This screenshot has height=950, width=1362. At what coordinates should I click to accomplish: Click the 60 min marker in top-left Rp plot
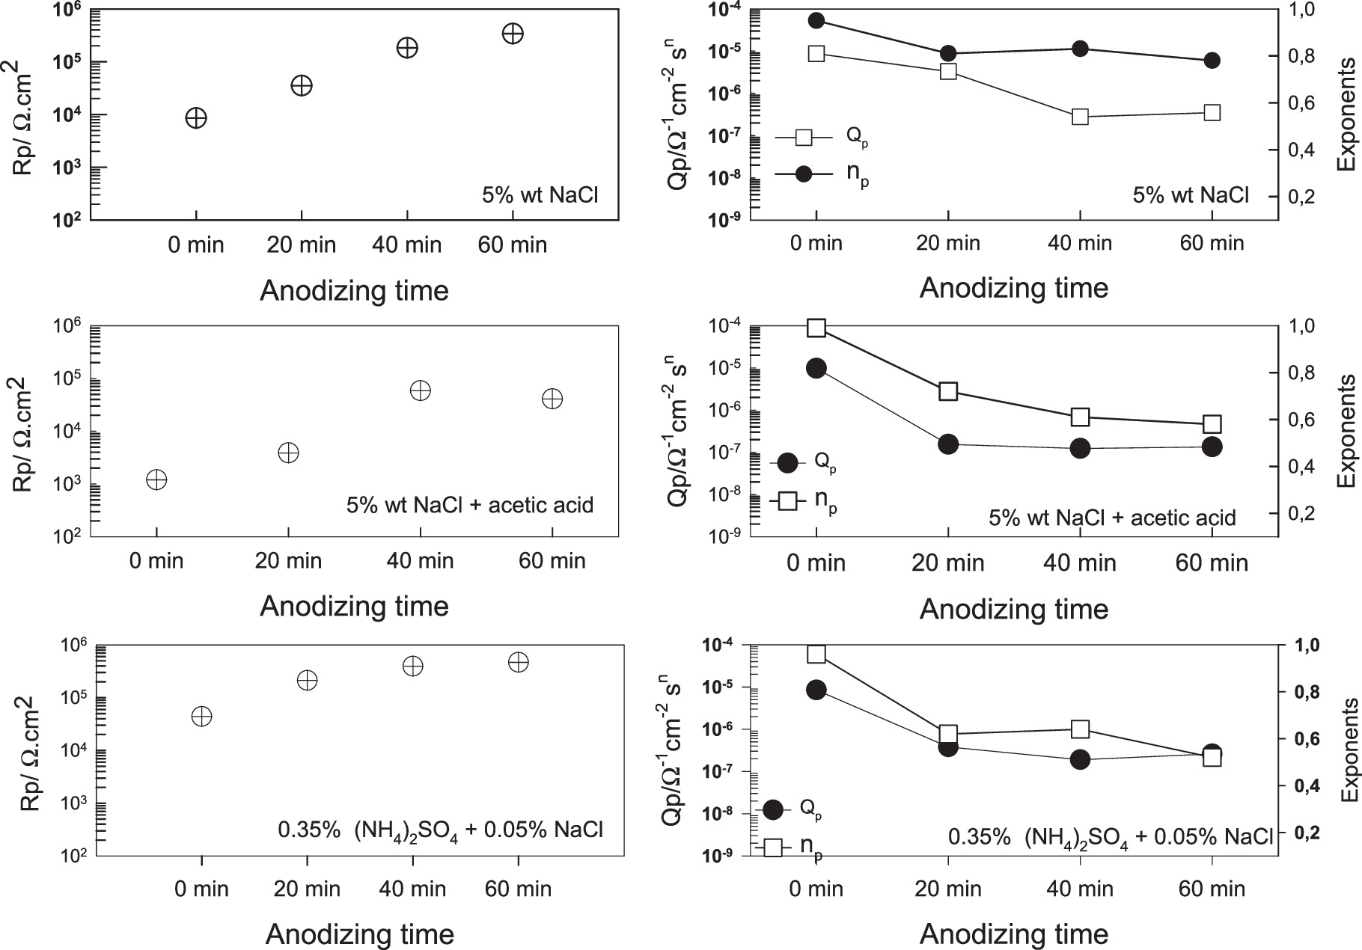513,34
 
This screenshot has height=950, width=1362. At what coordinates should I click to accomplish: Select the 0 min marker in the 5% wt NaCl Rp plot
196,118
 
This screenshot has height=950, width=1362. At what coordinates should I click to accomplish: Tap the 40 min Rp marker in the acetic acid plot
421,390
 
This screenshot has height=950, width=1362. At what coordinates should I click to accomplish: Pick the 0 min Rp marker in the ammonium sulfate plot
201,716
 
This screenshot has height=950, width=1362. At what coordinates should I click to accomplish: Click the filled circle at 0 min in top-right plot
816,20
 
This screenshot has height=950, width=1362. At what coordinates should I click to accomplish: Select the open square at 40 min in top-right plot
1080,117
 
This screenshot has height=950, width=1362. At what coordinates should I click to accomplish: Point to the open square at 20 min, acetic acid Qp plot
948,391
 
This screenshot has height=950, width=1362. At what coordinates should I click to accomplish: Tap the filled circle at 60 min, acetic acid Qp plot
1212,447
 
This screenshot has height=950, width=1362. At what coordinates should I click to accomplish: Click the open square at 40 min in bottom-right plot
1080,729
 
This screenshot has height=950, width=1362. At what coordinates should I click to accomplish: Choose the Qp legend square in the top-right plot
804,138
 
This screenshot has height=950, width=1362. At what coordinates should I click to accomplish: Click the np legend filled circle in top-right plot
804,174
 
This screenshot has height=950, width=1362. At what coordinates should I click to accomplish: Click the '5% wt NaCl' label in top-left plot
540,196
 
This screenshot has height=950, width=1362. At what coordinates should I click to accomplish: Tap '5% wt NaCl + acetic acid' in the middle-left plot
469,505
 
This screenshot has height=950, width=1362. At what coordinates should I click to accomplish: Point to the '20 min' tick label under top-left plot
302,245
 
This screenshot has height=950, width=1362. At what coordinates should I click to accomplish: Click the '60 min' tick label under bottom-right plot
1212,889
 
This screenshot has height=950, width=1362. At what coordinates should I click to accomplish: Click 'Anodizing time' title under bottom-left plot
359,934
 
